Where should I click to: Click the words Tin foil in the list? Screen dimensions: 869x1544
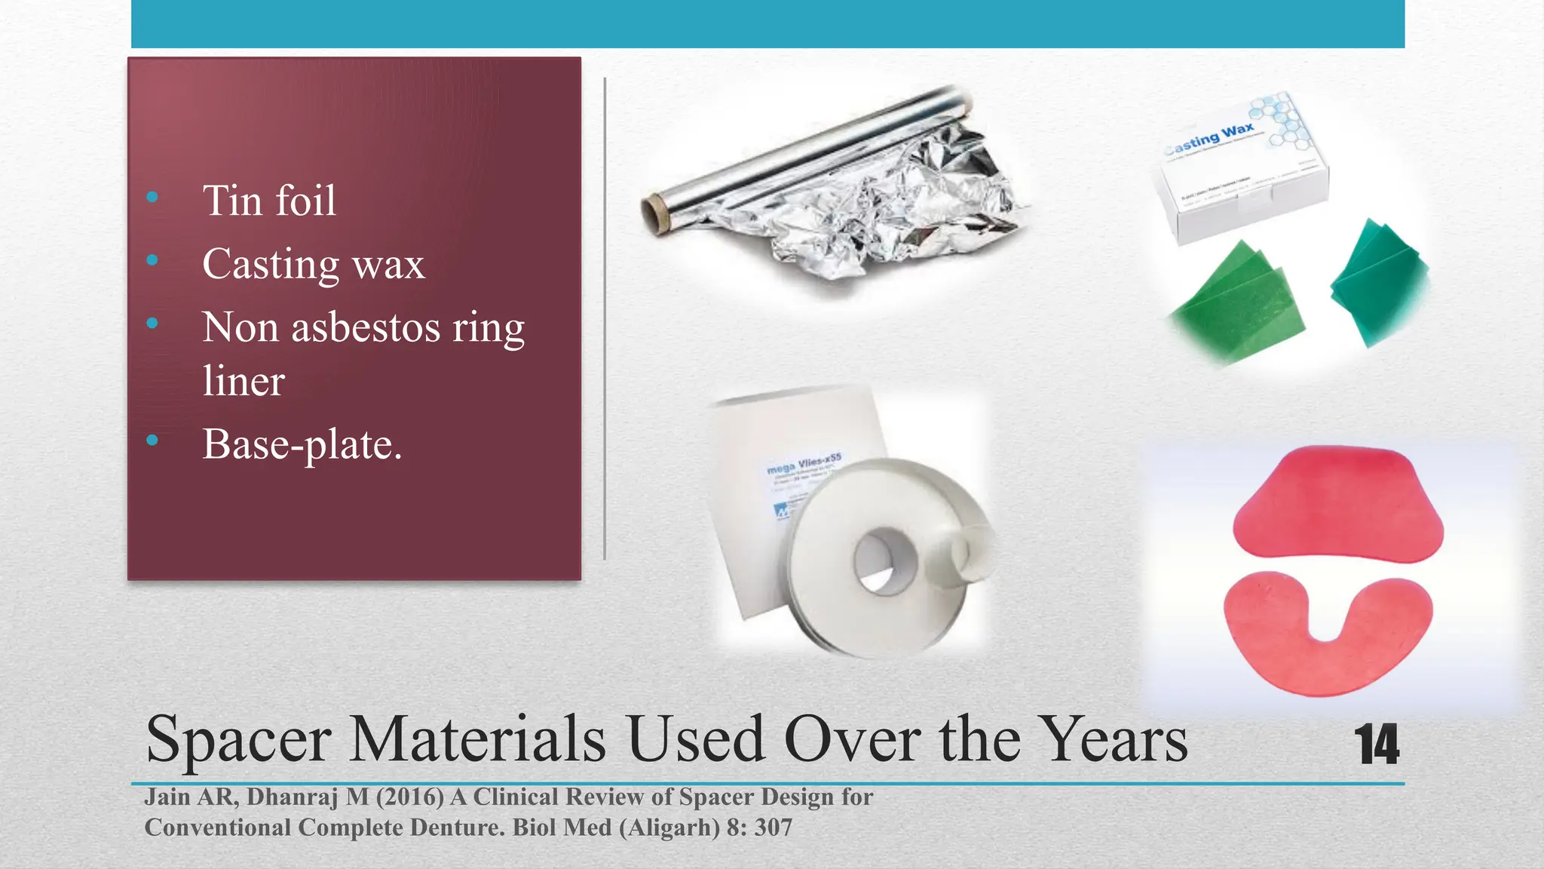pyautogui.click(x=269, y=201)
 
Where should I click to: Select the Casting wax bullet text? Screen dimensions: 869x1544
pyautogui.click(x=314, y=265)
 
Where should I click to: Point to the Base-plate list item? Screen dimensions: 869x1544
pyautogui.click(x=302, y=444)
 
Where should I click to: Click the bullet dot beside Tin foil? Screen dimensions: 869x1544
pyautogui.click(x=152, y=198)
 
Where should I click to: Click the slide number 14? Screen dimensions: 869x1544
pyautogui.click(x=1377, y=745)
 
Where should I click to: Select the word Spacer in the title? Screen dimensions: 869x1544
pyautogui.click(x=238, y=740)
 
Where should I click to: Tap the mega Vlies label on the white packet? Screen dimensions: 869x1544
pyautogui.click(x=804, y=464)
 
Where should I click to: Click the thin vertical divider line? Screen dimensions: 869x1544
pyautogui.click(x=605, y=317)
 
